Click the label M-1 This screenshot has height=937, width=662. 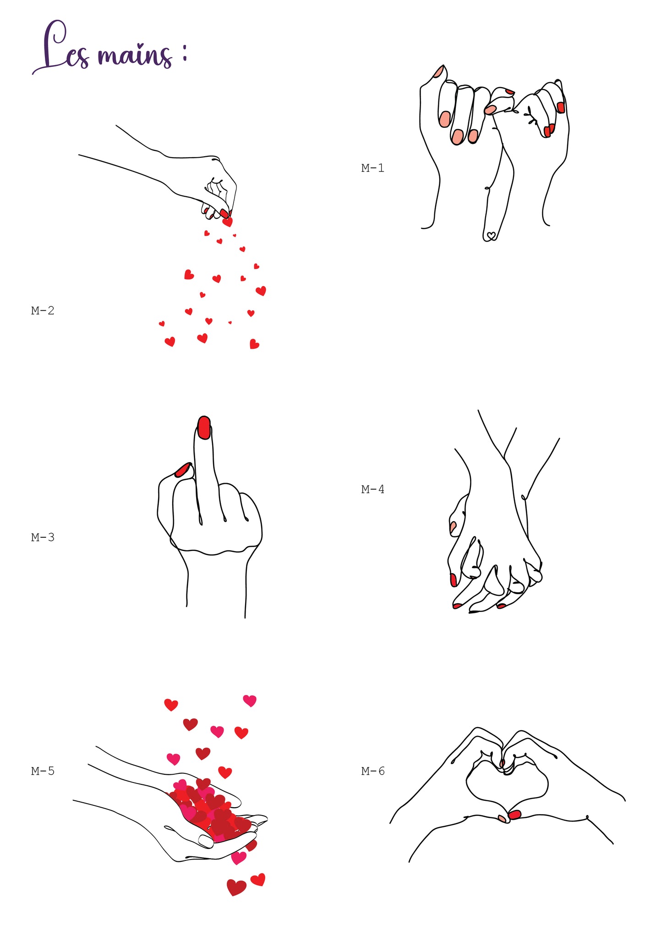(372, 168)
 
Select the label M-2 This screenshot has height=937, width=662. (43, 311)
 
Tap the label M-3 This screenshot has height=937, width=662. (43, 537)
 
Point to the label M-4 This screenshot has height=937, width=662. (372, 490)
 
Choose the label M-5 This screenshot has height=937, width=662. (43, 771)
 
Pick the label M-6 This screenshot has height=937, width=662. (372, 771)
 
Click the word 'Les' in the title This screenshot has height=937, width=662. (62, 48)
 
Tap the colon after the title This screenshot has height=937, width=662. (185, 53)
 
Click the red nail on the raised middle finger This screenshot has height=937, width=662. (204, 427)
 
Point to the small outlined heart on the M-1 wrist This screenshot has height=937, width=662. (491, 236)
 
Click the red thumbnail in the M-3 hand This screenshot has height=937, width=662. (182, 469)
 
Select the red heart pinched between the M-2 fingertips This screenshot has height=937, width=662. (227, 222)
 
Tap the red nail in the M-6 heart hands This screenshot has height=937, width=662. (515, 815)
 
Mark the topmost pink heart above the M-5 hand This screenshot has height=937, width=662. (250, 700)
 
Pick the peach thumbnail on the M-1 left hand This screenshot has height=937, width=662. (439, 71)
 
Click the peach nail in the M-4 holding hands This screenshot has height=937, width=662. (453, 527)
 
